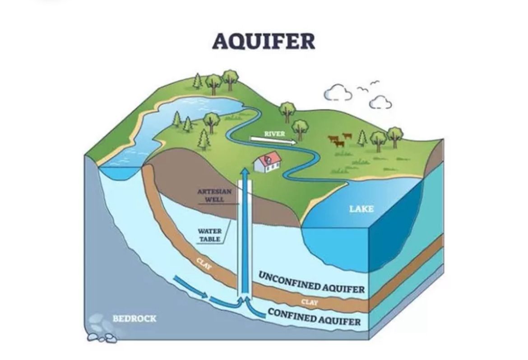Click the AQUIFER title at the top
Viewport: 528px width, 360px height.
(264, 42)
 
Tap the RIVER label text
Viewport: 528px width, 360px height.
(274, 134)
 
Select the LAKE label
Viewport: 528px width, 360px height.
(361, 209)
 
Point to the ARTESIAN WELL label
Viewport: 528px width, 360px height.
(214, 195)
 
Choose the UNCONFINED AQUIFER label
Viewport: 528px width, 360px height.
(311, 283)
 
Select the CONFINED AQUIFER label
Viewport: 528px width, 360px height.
(314, 316)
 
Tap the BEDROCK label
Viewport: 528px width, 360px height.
(134, 318)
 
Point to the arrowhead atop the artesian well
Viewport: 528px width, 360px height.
(245, 172)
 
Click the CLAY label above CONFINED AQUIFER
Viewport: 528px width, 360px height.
(309, 302)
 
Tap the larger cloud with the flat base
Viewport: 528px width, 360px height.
(338, 94)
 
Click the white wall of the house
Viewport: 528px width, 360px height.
(264, 166)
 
